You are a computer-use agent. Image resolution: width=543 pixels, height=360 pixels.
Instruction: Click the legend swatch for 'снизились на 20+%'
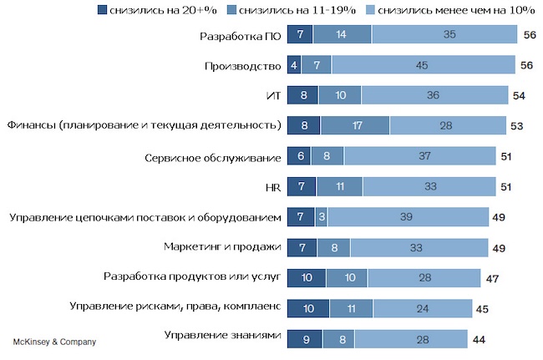point(102,10)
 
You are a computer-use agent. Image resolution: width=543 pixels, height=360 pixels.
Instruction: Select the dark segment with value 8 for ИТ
point(302,95)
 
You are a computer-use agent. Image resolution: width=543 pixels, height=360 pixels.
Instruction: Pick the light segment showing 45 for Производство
point(423,64)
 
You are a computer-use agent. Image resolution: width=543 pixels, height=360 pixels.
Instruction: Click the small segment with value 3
point(321,217)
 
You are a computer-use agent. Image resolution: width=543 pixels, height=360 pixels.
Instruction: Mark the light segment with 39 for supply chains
point(407,217)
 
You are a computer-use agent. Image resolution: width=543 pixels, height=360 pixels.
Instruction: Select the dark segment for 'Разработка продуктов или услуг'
point(307,277)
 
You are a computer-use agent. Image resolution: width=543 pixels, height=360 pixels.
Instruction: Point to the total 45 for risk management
point(483,307)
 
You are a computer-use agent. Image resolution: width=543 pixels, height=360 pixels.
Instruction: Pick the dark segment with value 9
point(305,337)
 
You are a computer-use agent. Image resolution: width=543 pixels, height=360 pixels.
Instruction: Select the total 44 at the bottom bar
point(479,337)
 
